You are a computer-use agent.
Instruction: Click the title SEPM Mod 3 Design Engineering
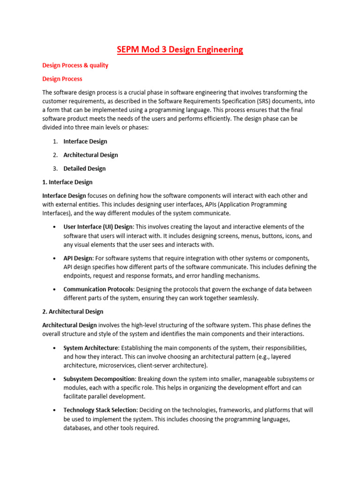180,49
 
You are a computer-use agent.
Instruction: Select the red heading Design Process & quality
75,65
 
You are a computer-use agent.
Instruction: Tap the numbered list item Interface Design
85,141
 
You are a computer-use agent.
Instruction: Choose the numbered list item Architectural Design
90,155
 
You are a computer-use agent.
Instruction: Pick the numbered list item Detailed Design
84,168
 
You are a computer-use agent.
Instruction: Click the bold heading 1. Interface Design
67,182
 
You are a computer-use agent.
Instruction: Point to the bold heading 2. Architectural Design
73,311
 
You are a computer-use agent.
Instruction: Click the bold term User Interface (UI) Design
98,226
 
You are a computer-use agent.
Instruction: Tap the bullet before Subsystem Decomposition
55,379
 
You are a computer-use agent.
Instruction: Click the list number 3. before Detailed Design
55,168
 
